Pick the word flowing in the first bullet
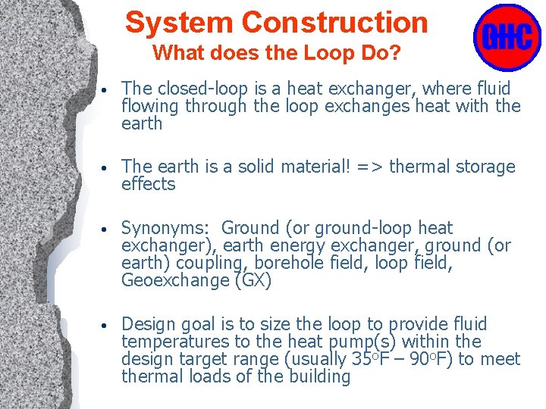[148, 107]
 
